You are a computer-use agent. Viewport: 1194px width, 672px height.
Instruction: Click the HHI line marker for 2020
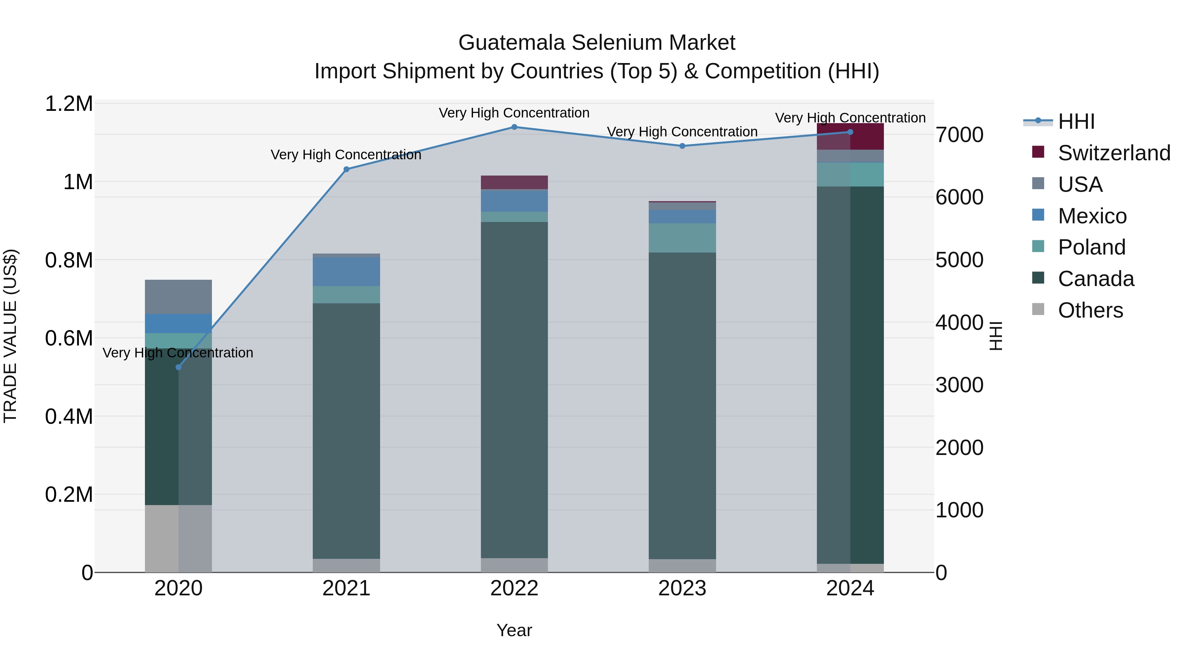pyautogui.click(x=178, y=367)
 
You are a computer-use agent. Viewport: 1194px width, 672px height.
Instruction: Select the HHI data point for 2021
pyautogui.click(x=346, y=169)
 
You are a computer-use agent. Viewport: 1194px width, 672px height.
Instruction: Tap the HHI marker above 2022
pyautogui.click(x=514, y=127)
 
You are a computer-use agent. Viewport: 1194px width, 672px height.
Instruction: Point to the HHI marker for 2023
pyautogui.click(x=682, y=146)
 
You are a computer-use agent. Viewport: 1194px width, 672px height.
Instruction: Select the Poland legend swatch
pyautogui.click(x=1038, y=246)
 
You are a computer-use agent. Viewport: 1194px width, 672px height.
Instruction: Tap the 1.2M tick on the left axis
pyautogui.click(x=69, y=104)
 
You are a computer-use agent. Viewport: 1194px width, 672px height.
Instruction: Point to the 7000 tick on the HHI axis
pyautogui.click(x=959, y=135)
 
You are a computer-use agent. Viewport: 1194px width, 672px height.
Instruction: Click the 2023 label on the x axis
pyautogui.click(x=682, y=588)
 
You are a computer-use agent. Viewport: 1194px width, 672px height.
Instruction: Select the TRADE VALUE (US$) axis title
pyautogui.click(x=10, y=336)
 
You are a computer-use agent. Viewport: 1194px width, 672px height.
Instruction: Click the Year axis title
pyautogui.click(x=514, y=630)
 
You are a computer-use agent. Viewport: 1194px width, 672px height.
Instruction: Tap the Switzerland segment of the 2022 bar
pyautogui.click(x=514, y=182)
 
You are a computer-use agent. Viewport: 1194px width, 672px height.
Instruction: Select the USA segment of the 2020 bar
pyautogui.click(x=178, y=297)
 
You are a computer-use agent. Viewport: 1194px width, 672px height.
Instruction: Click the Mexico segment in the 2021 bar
pyautogui.click(x=346, y=272)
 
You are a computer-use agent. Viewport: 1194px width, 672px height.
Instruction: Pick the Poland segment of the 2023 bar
pyautogui.click(x=682, y=238)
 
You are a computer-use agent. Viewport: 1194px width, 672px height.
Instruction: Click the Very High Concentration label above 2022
pyautogui.click(x=514, y=113)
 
